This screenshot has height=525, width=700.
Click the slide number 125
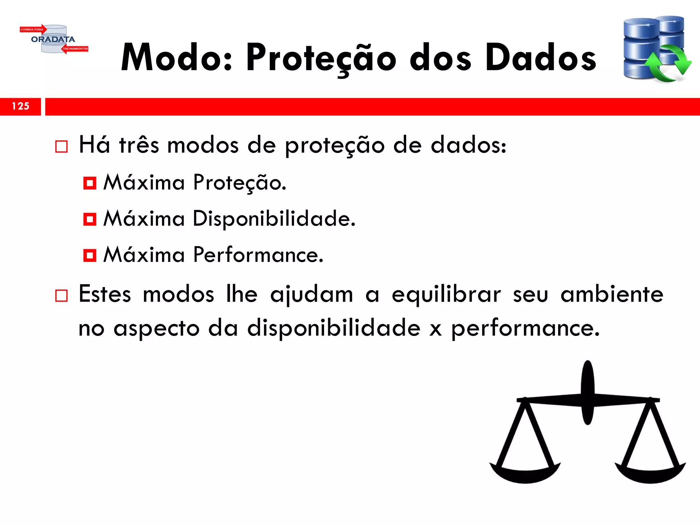21,106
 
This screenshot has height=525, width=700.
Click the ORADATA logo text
53,39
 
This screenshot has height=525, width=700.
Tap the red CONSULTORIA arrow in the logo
33,29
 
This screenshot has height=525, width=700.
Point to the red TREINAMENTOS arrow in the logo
75,49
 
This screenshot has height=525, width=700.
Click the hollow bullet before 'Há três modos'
62,147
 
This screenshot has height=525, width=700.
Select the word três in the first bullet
139,145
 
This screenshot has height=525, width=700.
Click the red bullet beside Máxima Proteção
90,183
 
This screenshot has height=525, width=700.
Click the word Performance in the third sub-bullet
258,255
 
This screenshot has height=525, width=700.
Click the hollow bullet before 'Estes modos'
62,296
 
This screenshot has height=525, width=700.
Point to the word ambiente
612,294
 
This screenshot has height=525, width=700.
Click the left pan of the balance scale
525,473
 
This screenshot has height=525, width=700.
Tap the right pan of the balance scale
650,473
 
